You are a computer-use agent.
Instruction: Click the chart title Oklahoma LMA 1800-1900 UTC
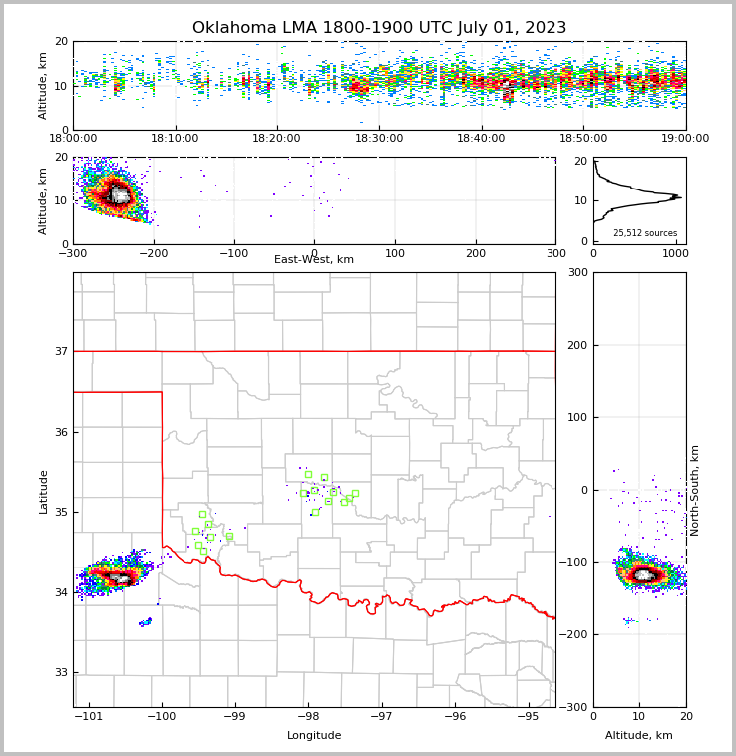click(x=379, y=28)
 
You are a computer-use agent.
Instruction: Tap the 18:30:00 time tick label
click(x=379, y=139)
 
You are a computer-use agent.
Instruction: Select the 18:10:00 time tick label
click(x=177, y=139)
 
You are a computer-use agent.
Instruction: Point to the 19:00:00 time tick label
click(x=685, y=139)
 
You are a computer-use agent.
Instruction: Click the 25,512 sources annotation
click(x=644, y=233)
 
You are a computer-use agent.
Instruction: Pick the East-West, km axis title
click(x=314, y=260)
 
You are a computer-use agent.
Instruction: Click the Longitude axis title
click(x=314, y=736)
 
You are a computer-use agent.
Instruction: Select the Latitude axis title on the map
click(x=43, y=491)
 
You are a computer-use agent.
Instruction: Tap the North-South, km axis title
click(x=695, y=490)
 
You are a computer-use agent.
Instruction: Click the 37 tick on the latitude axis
click(x=60, y=351)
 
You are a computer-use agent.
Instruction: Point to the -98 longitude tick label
click(x=308, y=716)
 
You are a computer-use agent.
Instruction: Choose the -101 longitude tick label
click(x=89, y=716)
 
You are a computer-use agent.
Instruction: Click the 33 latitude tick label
click(x=60, y=672)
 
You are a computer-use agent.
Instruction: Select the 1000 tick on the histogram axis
click(x=674, y=253)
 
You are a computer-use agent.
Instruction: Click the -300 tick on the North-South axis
click(x=574, y=707)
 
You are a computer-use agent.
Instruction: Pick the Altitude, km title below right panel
click(x=639, y=736)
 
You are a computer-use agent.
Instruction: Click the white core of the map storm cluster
click(x=121, y=578)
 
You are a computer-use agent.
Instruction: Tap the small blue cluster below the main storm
click(x=146, y=622)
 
